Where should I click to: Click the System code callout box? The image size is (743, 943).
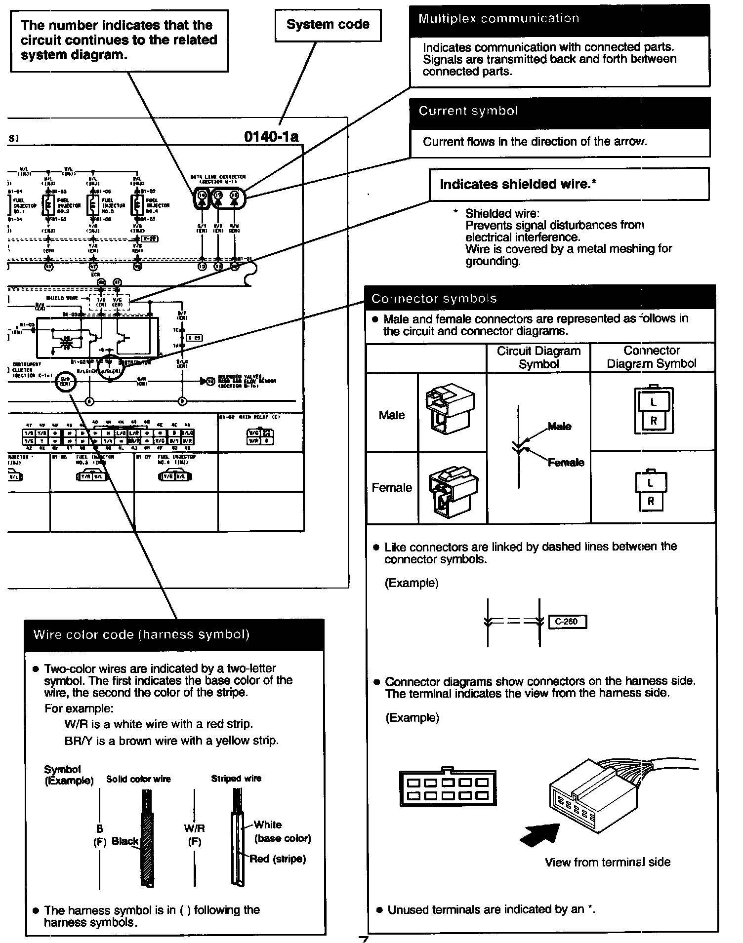(328, 25)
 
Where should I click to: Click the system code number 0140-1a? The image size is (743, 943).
(271, 137)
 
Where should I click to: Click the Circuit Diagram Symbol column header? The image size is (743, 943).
(538, 357)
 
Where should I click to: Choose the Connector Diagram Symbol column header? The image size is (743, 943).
(652, 357)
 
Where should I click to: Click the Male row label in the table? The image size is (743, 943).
(392, 415)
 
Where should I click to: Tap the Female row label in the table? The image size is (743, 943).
(392, 487)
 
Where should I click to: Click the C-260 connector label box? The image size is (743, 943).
(567, 622)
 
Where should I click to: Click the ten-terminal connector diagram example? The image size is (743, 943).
(448, 788)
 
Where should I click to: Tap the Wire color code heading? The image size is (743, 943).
(141, 634)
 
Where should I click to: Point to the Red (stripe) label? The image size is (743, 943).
(277, 859)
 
